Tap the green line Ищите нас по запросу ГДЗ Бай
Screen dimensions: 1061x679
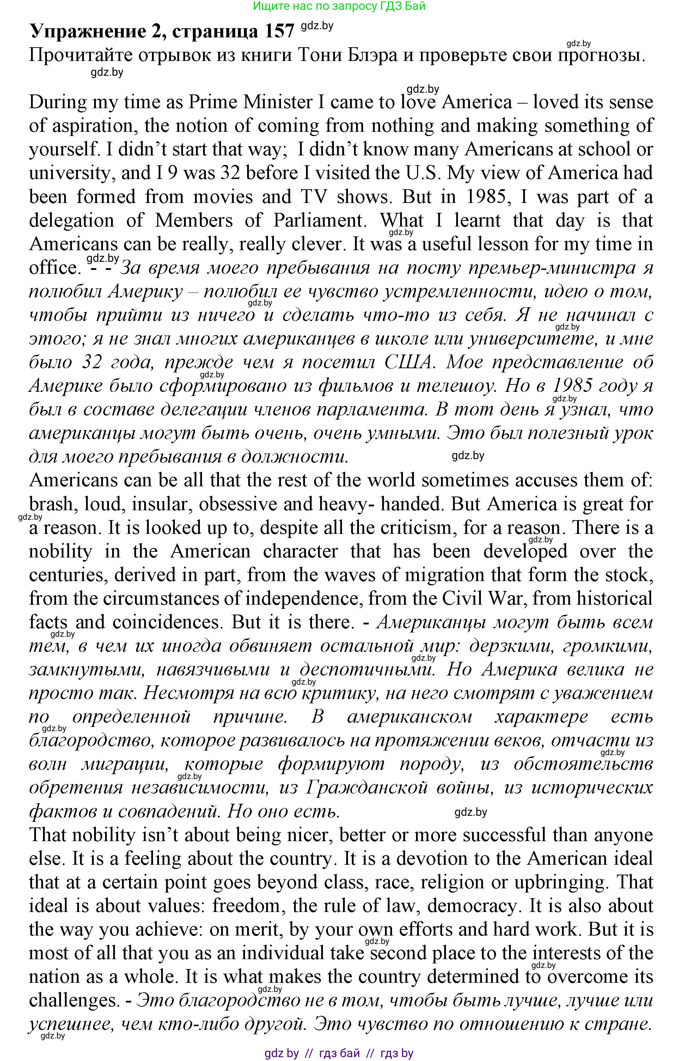[339, 6]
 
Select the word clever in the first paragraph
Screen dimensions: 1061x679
[317, 244]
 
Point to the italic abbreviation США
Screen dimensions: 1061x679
[408, 362]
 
